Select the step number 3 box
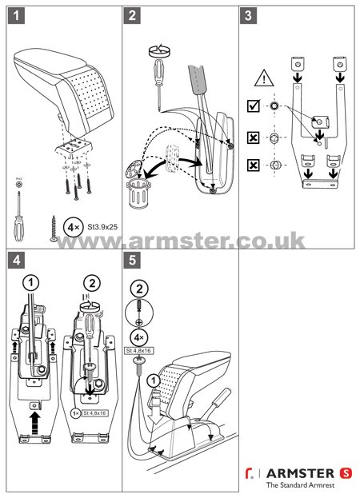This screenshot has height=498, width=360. [x=250, y=17]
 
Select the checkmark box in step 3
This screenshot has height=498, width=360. [x=254, y=106]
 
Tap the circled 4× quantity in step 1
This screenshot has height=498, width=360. [x=71, y=226]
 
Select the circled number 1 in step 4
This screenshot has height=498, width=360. [x=30, y=281]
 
